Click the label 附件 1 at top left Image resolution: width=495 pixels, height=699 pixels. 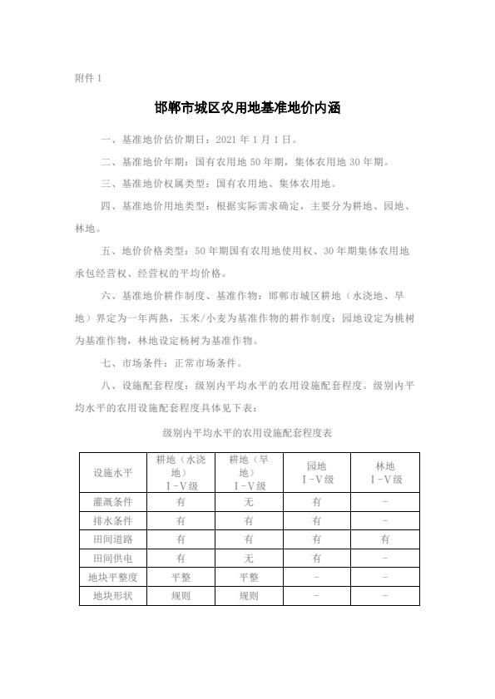88,78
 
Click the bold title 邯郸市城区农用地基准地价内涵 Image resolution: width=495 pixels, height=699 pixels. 248,108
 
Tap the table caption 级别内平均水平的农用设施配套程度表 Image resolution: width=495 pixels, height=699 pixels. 248,434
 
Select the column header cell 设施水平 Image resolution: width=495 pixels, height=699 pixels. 112,473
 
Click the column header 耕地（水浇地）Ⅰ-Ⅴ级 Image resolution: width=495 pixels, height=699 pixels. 181,472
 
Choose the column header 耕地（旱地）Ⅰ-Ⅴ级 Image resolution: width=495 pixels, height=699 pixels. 249,472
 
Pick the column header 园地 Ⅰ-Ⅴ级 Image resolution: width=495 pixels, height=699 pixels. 316,472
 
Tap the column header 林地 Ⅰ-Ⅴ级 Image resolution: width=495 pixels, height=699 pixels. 384,472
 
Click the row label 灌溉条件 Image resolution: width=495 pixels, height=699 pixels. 112,502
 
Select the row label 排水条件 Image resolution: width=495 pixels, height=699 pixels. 112,521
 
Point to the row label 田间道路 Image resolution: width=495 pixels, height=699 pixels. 112,539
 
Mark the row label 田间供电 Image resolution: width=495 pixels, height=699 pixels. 112,559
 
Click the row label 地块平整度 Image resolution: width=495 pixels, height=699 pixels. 112,577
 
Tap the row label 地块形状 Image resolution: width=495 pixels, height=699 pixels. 112,596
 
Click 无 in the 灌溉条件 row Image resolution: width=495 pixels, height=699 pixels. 249,502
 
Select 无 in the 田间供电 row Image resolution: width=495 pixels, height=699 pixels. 249,559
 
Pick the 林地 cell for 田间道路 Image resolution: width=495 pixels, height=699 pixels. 384,539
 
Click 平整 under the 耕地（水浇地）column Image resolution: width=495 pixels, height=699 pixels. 181,577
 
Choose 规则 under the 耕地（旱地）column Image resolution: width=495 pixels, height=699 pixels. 249,596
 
